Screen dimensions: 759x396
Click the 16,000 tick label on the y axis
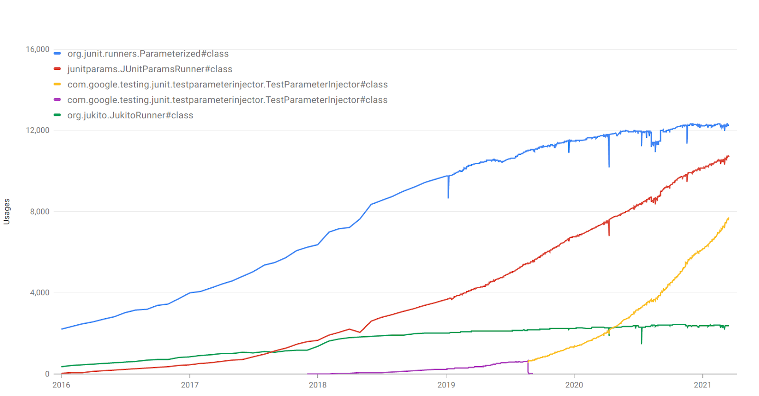[37, 49]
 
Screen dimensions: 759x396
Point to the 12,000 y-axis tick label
[37, 130]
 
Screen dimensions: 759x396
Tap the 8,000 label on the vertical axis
[40, 212]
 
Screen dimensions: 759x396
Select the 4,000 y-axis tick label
[40, 292]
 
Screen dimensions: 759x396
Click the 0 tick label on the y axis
[47, 374]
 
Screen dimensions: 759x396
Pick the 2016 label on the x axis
[61, 385]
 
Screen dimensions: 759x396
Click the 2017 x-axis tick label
[190, 385]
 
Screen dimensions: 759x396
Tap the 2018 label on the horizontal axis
[318, 385]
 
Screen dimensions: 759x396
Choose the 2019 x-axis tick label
[446, 385]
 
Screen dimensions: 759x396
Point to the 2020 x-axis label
[574, 385]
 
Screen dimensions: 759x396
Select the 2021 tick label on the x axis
[703, 385]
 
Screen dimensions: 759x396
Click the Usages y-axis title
[7, 212]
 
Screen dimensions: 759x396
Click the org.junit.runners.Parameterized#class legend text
[148, 54]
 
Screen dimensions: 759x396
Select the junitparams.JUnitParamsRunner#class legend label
[150, 69]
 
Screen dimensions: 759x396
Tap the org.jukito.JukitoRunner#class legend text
[130, 115]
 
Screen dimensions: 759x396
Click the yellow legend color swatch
[57, 84]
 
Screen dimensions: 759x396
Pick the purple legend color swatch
[57, 100]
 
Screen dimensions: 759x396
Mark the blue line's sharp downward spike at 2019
[448, 187]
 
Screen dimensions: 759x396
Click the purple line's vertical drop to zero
[528, 367]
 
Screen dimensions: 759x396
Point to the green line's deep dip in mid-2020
[641, 335]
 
